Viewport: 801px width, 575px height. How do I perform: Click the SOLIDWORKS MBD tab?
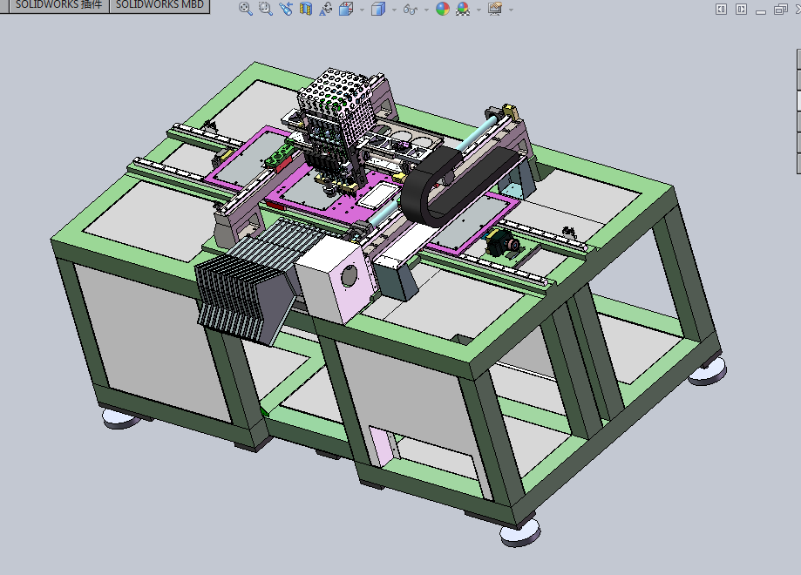(160, 5)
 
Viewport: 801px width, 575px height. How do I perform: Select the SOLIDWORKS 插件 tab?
(58, 5)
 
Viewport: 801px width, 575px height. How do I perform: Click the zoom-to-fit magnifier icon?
(245, 9)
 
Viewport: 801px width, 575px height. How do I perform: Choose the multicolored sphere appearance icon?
(443, 9)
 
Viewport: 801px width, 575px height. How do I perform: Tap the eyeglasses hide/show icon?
(411, 10)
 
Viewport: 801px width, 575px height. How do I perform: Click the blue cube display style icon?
(378, 9)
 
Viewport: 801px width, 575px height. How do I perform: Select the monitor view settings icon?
(494, 9)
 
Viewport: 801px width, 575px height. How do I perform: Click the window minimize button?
(761, 10)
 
